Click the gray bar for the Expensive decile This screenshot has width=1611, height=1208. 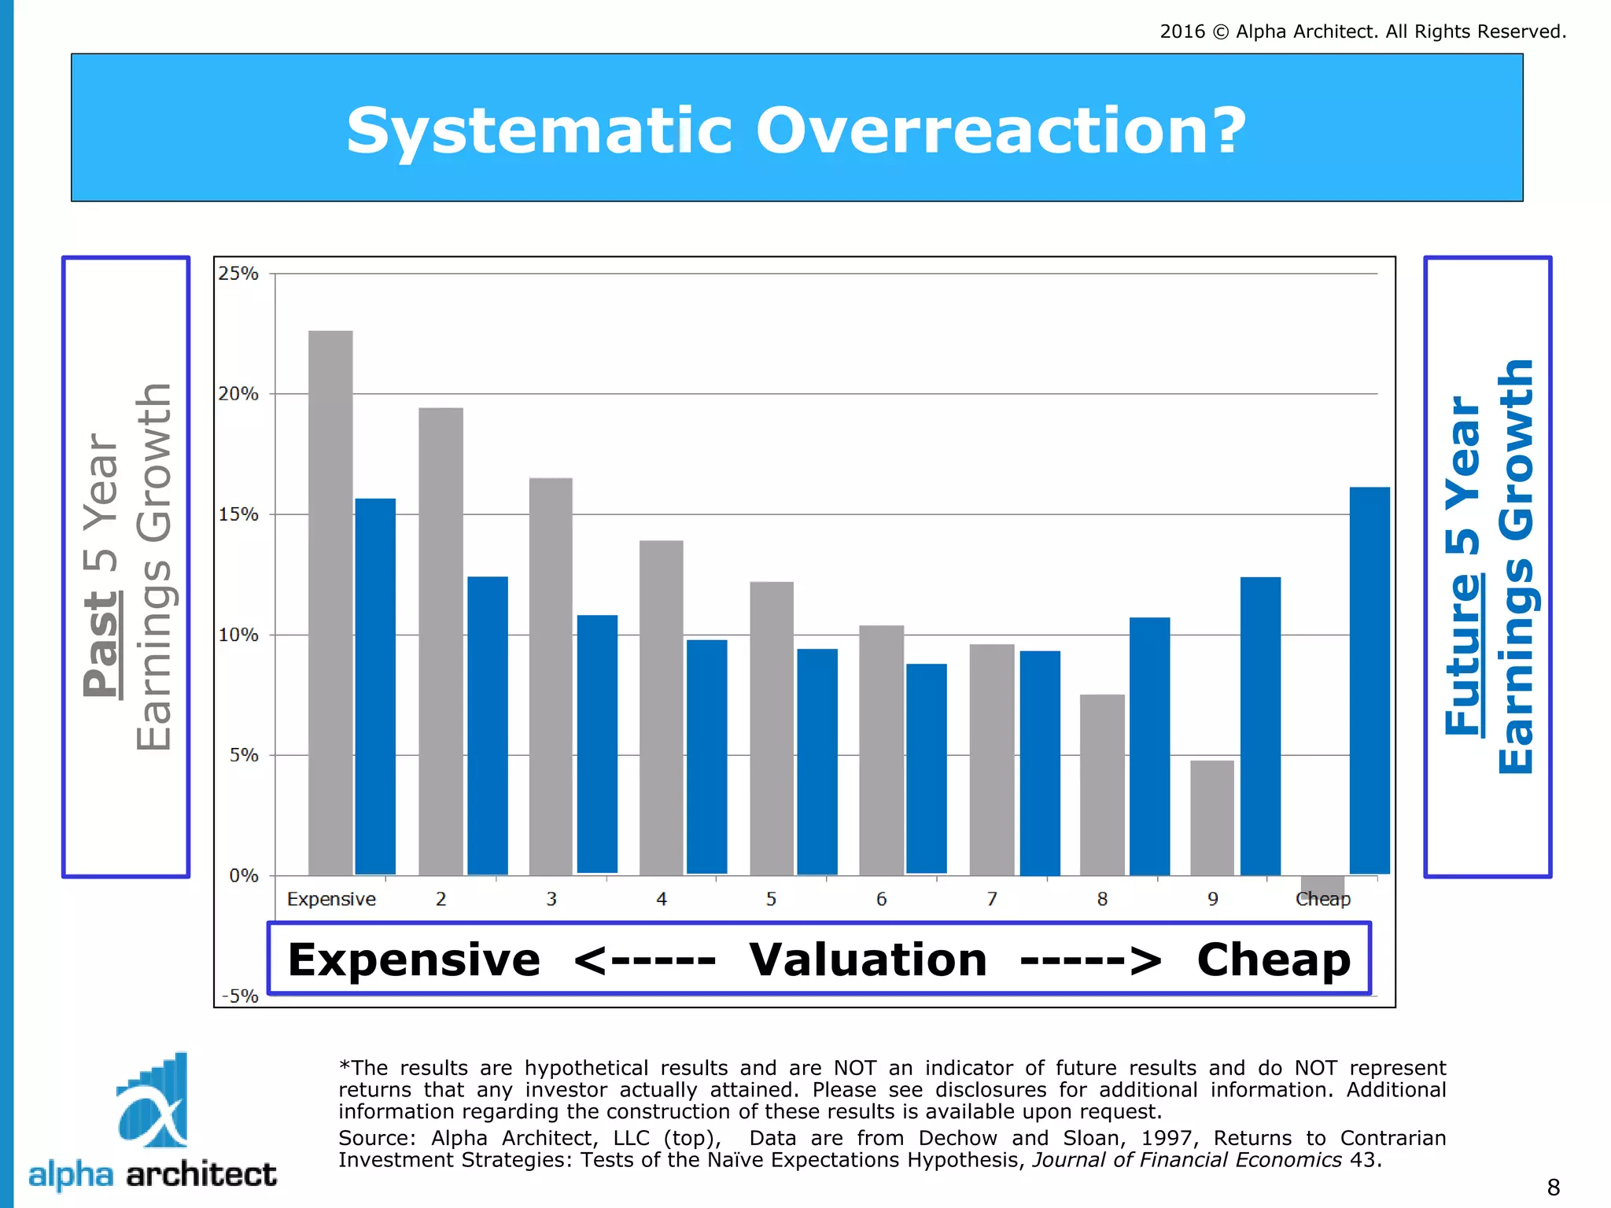(x=330, y=602)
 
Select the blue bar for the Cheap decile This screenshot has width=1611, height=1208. (x=1370, y=680)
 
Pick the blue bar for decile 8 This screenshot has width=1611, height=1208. (x=1149, y=746)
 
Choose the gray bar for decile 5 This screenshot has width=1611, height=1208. (x=772, y=728)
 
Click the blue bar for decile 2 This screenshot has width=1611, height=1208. (x=488, y=725)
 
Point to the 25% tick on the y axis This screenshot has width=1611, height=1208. (x=238, y=274)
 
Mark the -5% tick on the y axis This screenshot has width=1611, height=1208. (x=240, y=996)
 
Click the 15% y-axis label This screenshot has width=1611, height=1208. (x=238, y=514)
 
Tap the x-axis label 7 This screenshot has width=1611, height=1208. (x=992, y=899)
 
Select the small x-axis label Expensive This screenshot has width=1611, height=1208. (x=331, y=899)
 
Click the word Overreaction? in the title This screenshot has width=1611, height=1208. (x=1001, y=131)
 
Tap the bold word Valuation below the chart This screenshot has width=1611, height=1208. (x=868, y=959)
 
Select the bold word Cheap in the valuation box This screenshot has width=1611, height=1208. (x=1274, y=959)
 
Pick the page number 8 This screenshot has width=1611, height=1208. (x=1553, y=1187)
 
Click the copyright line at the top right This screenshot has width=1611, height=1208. (x=1362, y=31)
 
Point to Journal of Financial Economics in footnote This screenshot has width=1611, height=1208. (x=1186, y=1160)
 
